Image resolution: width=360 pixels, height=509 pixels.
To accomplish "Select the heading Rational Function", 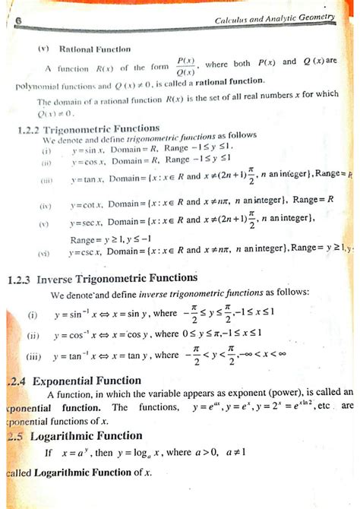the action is pyautogui.click(x=84, y=48).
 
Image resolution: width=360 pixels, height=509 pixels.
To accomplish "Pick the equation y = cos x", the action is pyautogui.click(x=88, y=162).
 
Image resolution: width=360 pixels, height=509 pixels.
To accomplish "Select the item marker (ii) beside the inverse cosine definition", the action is pyautogui.click(x=33, y=334).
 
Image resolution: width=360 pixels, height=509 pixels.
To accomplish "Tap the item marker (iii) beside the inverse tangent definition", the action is pyautogui.click(x=33, y=356).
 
